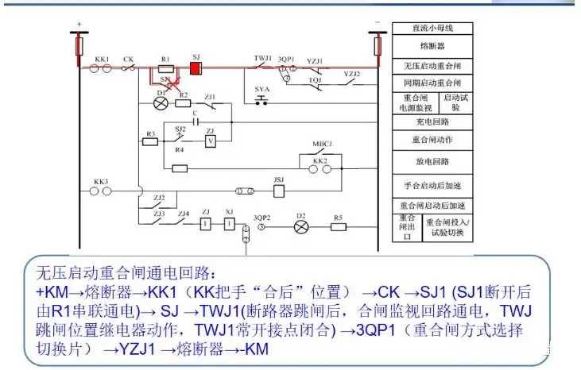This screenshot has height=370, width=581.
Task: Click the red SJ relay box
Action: click(196, 69)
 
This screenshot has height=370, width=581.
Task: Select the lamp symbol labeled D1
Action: click(160, 103)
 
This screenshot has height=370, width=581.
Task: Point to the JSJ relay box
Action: click(278, 191)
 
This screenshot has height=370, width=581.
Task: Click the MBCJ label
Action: click(321, 145)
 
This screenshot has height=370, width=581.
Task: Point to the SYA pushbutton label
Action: click(262, 89)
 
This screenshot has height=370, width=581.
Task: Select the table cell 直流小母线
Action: click(432, 28)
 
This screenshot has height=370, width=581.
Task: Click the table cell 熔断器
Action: click(432, 46)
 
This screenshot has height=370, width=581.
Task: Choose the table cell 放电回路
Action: click(432, 161)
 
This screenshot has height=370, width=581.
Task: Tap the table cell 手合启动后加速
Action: click(432, 184)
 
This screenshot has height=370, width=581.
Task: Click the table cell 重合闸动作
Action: click(432, 141)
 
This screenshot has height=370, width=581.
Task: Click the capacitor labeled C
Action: click(194, 121)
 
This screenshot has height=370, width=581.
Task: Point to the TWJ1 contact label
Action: click(263, 59)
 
